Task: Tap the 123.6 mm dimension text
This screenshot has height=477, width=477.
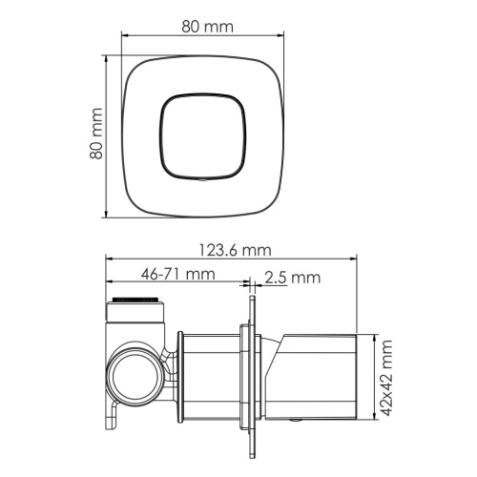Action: click(x=234, y=250)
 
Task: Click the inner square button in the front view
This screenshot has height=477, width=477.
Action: click(x=204, y=135)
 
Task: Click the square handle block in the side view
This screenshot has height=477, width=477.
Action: click(x=322, y=374)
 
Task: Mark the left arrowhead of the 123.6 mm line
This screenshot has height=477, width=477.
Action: click(x=109, y=258)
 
